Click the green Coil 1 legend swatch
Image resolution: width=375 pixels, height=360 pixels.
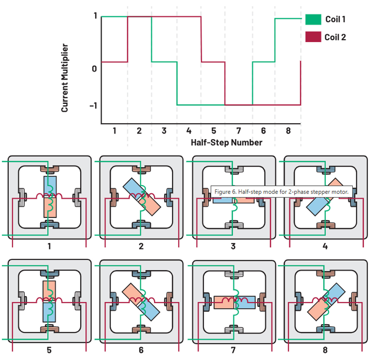tap(313, 19)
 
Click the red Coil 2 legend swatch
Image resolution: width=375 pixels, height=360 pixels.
tap(313, 37)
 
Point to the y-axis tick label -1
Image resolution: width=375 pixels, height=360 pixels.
tap(93, 106)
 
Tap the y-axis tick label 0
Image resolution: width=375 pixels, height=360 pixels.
tap(94, 69)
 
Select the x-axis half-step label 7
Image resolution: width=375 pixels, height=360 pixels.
tap(238, 131)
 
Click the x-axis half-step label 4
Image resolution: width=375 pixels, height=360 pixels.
tap(189, 131)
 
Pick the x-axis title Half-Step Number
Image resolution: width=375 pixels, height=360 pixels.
tap(226, 142)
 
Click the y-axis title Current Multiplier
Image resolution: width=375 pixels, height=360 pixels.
tap(65, 78)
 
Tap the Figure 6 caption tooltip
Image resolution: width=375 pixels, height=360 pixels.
tap(281, 192)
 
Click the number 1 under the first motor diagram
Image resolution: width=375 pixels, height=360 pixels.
tap(49, 246)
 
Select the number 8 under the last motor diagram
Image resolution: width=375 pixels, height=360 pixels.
tap(325, 350)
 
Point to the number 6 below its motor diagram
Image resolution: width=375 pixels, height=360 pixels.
tap(141, 350)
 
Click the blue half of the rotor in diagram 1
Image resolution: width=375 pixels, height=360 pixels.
tap(50, 184)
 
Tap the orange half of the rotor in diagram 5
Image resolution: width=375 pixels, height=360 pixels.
tap(49, 289)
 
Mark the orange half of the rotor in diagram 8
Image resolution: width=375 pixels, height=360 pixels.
tap(316, 311)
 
